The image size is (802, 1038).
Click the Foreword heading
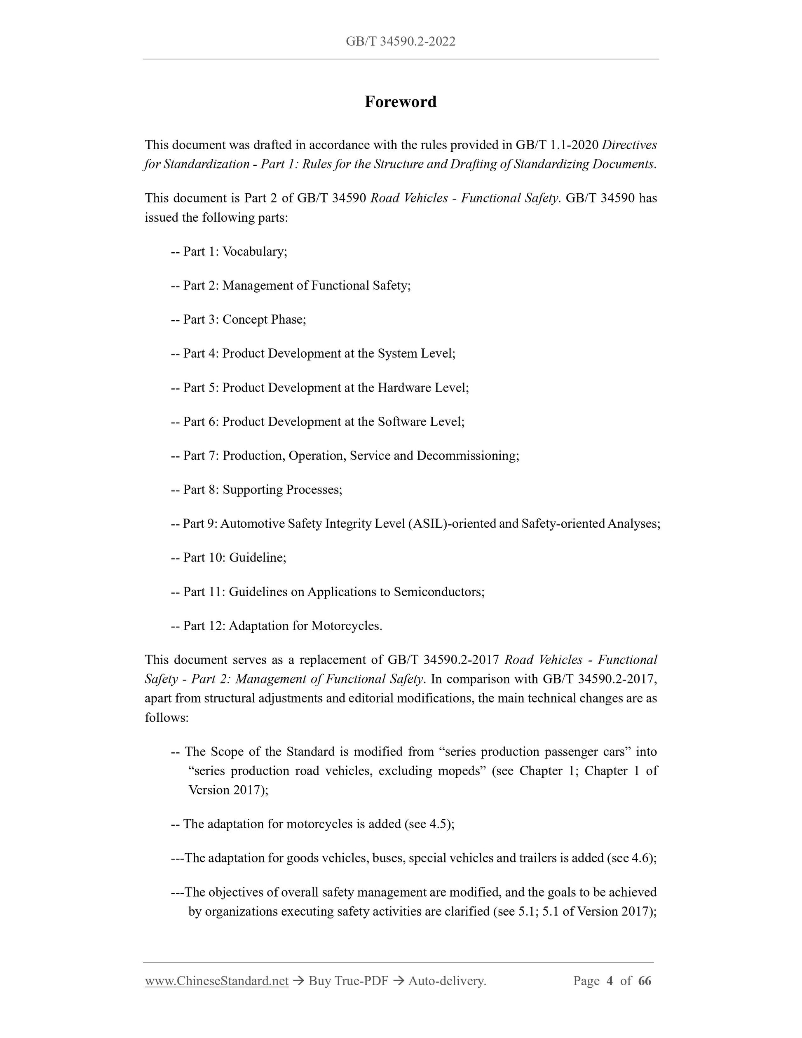pyautogui.click(x=400, y=102)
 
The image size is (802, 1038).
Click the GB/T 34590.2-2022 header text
pyautogui.click(x=400, y=42)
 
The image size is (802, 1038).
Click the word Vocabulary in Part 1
pyautogui.click(x=254, y=251)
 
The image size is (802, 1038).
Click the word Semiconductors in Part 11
pyautogui.click(x=438, y=592)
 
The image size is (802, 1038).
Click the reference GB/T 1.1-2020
pyautogui.click(x=556, y=144)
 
